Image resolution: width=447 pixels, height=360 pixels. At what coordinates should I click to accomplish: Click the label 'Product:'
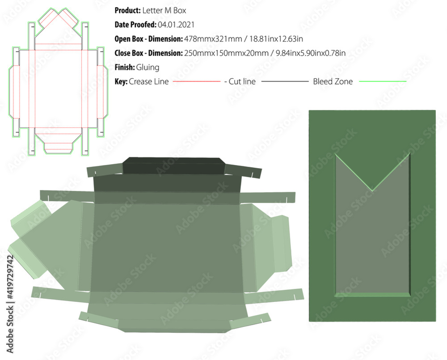click(x=127, y=10)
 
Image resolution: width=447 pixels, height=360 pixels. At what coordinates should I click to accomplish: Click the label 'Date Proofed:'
click(x=135, y=25)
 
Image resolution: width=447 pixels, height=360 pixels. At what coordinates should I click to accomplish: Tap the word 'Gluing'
click(x=148, y=68)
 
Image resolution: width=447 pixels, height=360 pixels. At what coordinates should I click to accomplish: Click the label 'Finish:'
click(x=125, y=68)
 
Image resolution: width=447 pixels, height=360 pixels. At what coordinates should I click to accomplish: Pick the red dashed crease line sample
click(x=197, y=82)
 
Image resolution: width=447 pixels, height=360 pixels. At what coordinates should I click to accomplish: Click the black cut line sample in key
click(x=285, y=82)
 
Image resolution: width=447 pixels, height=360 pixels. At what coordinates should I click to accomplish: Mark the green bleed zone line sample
click(x=383, y=82)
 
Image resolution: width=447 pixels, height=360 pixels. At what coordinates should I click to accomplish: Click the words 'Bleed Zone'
click(x=333, y=82)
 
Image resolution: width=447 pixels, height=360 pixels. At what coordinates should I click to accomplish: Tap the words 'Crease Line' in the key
click(x=149, y=82)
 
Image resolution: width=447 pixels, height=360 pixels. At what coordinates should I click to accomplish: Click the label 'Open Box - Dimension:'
click(x=148, y=39)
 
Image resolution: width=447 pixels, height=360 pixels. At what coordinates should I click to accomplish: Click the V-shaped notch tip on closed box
click(x=372, y=190)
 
